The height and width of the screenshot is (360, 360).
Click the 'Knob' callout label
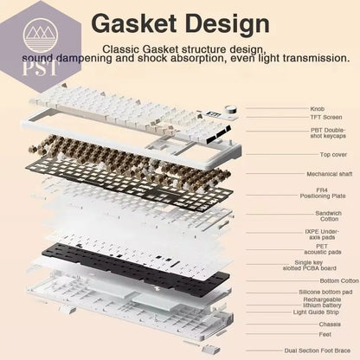pyautogui.click(x=318, y=109)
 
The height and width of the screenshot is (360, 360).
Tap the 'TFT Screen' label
pyautogui.click(x=326, y=117)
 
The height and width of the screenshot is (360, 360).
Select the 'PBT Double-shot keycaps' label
pyautogui.click(x=328, y=133)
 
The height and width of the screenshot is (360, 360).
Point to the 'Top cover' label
pyautogui.click(x=333, y=155)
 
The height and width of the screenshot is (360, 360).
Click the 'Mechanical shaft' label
pyautogui.click(x=330, y=174)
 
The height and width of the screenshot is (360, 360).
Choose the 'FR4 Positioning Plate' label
pyautogui.click(x=323, y=193)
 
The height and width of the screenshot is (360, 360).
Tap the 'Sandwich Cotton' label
pyautogui.click(x=328, y=216)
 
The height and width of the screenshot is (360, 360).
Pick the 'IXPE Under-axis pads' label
pyautogui.click(x=322, y=235)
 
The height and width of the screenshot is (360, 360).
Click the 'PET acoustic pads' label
pyautogui.click(x=323, y=249)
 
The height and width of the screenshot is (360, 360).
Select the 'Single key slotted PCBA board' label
pyautogui.click(x=309, y=266)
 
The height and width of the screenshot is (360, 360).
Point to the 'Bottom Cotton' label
pyautogui.click(x=339, y=280)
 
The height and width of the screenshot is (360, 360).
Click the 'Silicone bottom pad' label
pyautogui.click(x=325, y=292)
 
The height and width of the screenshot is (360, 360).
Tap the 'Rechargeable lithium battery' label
pyautogui.click(x=322, y=302)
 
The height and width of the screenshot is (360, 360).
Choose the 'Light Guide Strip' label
pyautogui.click(x=316, y=312)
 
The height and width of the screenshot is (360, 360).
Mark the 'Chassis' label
pyautogui.click(x=330, y=325)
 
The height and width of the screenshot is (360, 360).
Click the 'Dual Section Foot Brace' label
pyautogui.click(x=318, y=350)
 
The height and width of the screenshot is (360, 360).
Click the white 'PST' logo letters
pyautogui.click(x=40, y=68)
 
